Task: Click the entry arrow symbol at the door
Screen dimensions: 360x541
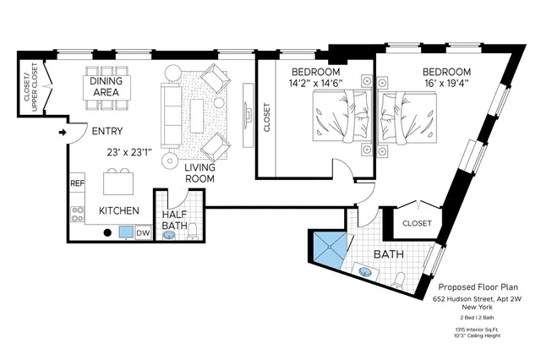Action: click(x=63, y=132)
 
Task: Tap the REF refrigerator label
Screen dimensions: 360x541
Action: click(x=77, y=183)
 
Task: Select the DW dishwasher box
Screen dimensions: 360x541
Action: click(x=143, y=232)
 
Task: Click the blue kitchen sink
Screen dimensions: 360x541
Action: click(x=126, y=232)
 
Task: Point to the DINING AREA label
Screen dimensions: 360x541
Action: click(x=111, y=87)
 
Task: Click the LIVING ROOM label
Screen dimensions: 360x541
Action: click(x=200, y=173)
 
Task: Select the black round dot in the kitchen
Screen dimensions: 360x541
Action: click(x=107, y=232)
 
